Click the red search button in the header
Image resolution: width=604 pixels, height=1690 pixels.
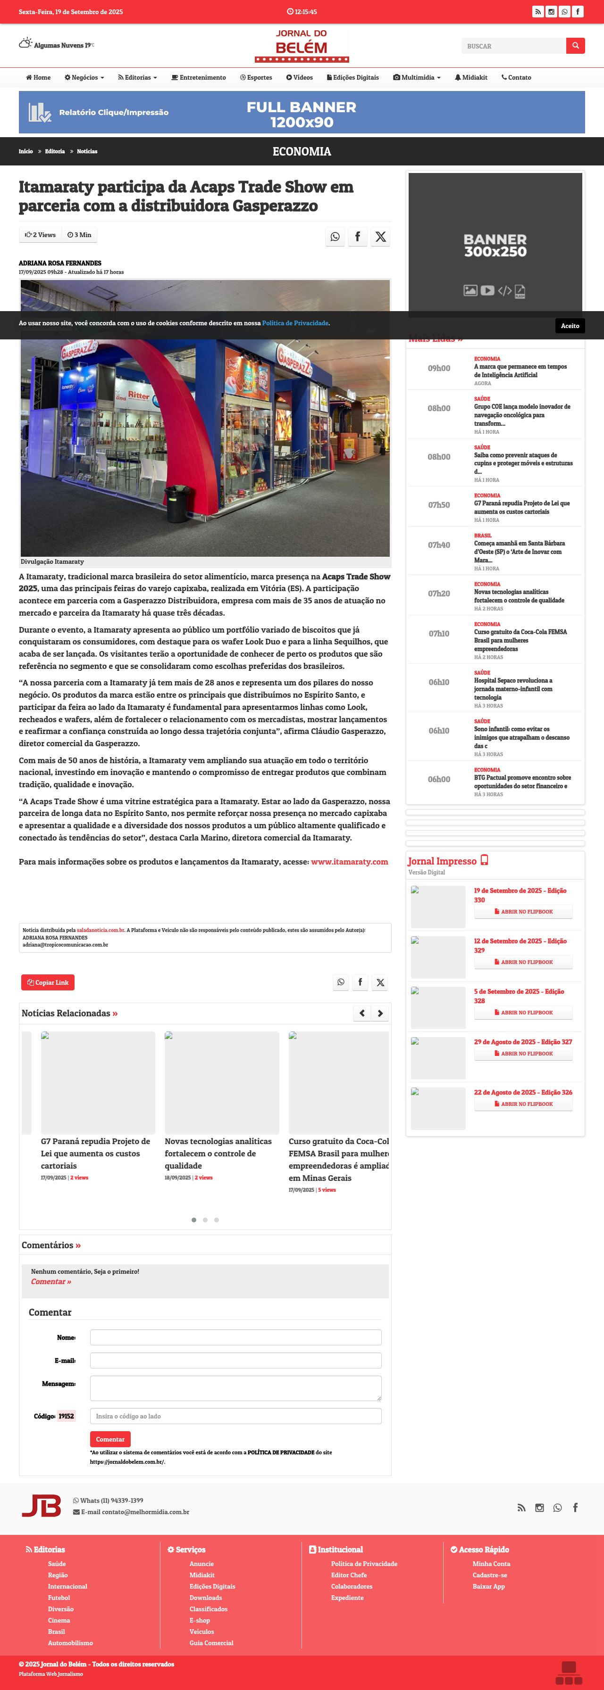pos(575,45)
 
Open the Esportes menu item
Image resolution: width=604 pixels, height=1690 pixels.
pos(256,77)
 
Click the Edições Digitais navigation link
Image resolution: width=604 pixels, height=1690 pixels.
pos(353,77)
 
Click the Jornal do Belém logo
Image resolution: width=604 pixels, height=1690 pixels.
pos(302,45)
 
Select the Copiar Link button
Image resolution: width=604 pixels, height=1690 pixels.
pos(48,982)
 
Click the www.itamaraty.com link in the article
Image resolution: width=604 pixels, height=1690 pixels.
pos(349,861)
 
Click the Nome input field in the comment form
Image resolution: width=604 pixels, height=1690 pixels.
pos(235,1337)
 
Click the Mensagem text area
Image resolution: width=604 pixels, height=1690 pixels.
pos(235,1387)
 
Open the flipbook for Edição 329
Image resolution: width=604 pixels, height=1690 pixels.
pos(523,962)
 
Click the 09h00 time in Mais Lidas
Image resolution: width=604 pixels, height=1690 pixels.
pos(438,368)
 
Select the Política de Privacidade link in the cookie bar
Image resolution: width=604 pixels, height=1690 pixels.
pos(295,323)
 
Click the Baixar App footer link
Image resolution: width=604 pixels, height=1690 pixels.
pos(488,1586)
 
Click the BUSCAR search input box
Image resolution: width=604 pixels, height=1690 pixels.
pos(513,46)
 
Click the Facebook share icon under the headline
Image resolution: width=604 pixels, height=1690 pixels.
pos(357,236)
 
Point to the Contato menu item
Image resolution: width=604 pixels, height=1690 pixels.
pos(516,77)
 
